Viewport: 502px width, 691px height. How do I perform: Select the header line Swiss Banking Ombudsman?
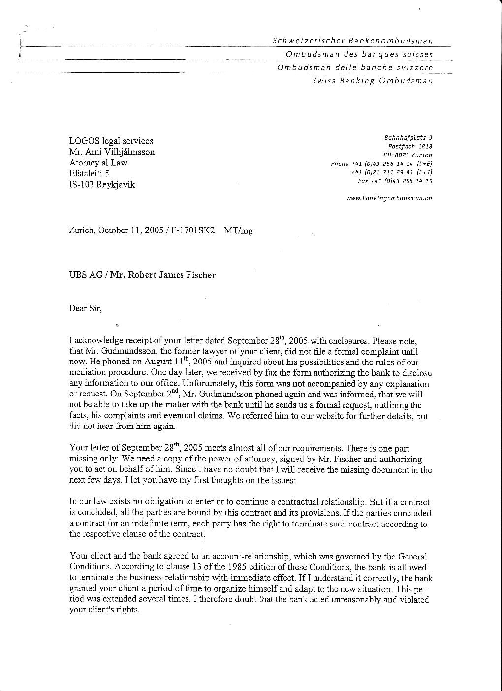click(x=372, y=80)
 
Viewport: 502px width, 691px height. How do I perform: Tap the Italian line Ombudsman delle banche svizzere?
click(x=355, y=67)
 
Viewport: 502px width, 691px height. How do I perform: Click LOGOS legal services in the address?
click(x=111, y=141)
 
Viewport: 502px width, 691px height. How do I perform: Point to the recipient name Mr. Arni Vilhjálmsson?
click(x=112, y=152)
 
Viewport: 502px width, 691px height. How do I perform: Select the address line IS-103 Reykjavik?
click(x=102, y=185)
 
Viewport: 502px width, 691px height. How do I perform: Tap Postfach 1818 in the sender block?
click(x=410, y=146)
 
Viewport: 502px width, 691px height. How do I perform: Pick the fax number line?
click(x=395, y=181)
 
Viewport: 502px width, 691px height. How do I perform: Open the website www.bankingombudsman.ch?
click(x=389, y=199)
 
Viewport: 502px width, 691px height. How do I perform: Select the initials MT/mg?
click(x=238, y=230)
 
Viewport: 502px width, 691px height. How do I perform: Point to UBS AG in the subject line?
click(x=86, y=275)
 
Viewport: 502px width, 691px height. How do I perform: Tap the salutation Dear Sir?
click(x=86, y=309)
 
